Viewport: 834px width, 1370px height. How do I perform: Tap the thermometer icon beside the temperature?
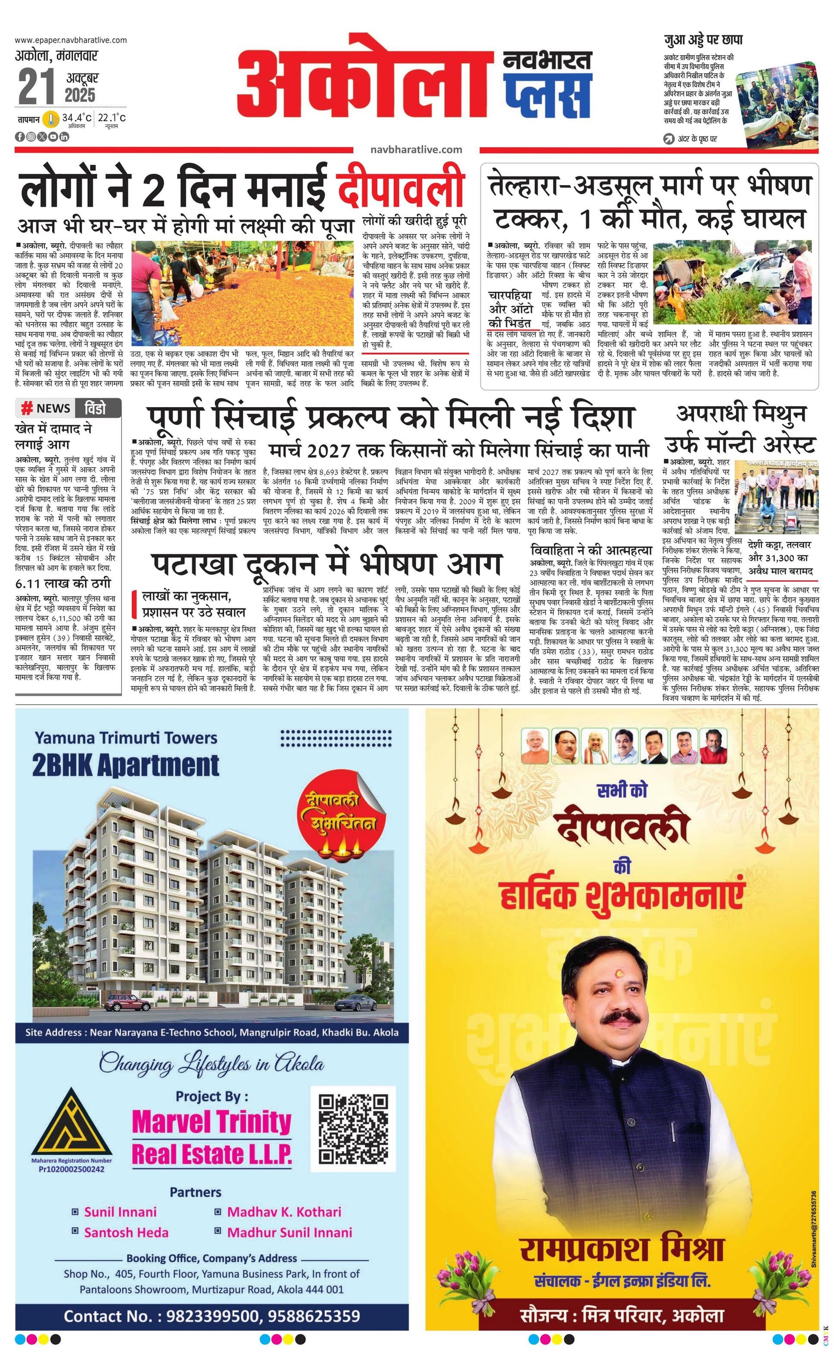52,119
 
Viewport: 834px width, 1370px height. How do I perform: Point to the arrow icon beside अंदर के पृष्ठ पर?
669,139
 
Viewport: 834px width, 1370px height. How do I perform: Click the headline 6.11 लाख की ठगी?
63,584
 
